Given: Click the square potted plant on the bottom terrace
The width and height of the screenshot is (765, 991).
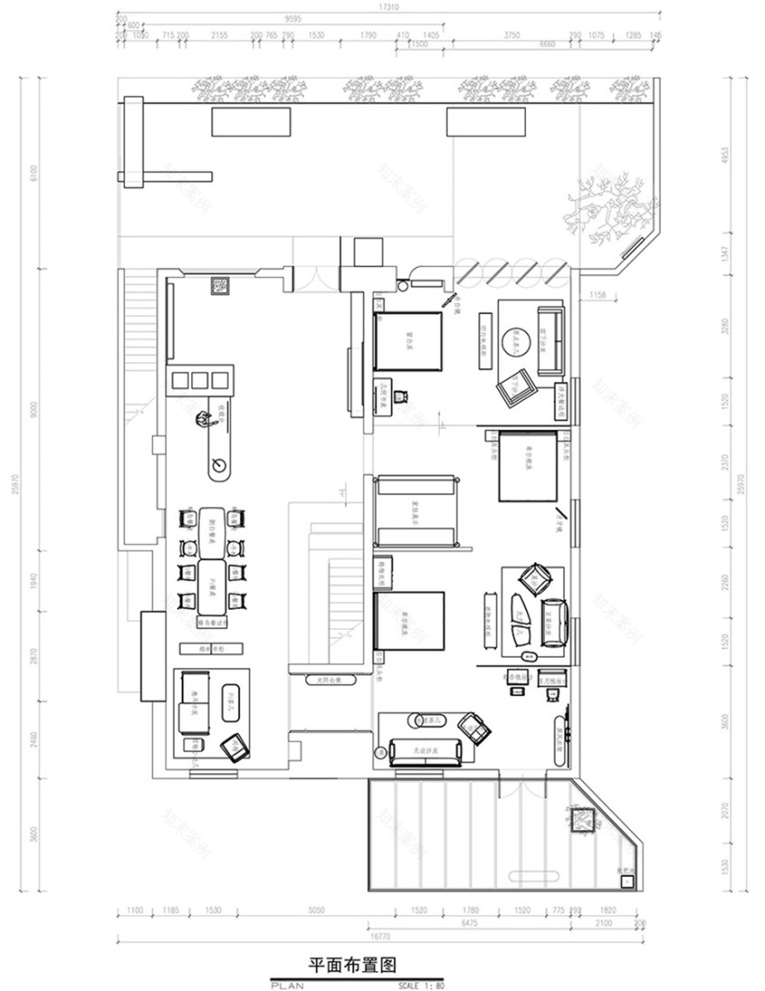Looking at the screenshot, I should [x=581, y=819].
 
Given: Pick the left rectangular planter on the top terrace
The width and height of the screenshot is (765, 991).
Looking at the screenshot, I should [x=251, y=122].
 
